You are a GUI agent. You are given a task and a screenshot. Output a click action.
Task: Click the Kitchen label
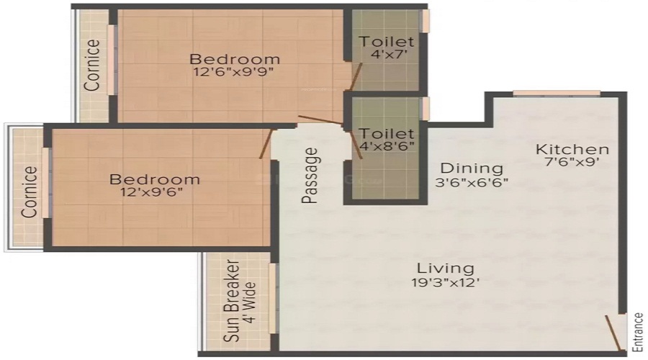click(572, 150)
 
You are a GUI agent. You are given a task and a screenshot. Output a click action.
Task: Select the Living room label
click(441, 268)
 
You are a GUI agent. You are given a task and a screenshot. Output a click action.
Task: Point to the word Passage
click(310, 176)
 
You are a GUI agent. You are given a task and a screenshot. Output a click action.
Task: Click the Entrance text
click(637, 332)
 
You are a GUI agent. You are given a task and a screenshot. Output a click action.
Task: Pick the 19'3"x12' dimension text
click(441, 282)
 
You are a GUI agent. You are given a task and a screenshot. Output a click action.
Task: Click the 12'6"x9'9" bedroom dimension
click(234, 72)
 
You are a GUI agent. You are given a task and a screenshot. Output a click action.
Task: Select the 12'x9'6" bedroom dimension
click(154, 192)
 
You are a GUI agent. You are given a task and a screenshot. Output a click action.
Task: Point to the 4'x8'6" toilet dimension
click(388, 148)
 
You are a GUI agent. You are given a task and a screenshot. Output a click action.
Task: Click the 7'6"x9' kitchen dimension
click(572, 163)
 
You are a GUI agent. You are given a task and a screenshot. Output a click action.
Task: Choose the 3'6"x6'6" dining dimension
click(471, 182)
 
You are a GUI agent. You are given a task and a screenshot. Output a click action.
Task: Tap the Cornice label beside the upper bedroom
click(93, 65)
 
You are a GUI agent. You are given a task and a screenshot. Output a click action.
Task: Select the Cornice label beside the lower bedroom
click(29, 192)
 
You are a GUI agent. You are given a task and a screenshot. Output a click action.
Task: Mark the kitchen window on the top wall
click(556, 93)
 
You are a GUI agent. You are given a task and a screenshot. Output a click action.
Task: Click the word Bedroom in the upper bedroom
click(234, 58)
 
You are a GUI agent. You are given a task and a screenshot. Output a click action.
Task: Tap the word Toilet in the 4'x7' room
click(387, 42)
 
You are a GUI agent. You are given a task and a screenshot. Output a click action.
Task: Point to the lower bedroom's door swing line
click(266, 144)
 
